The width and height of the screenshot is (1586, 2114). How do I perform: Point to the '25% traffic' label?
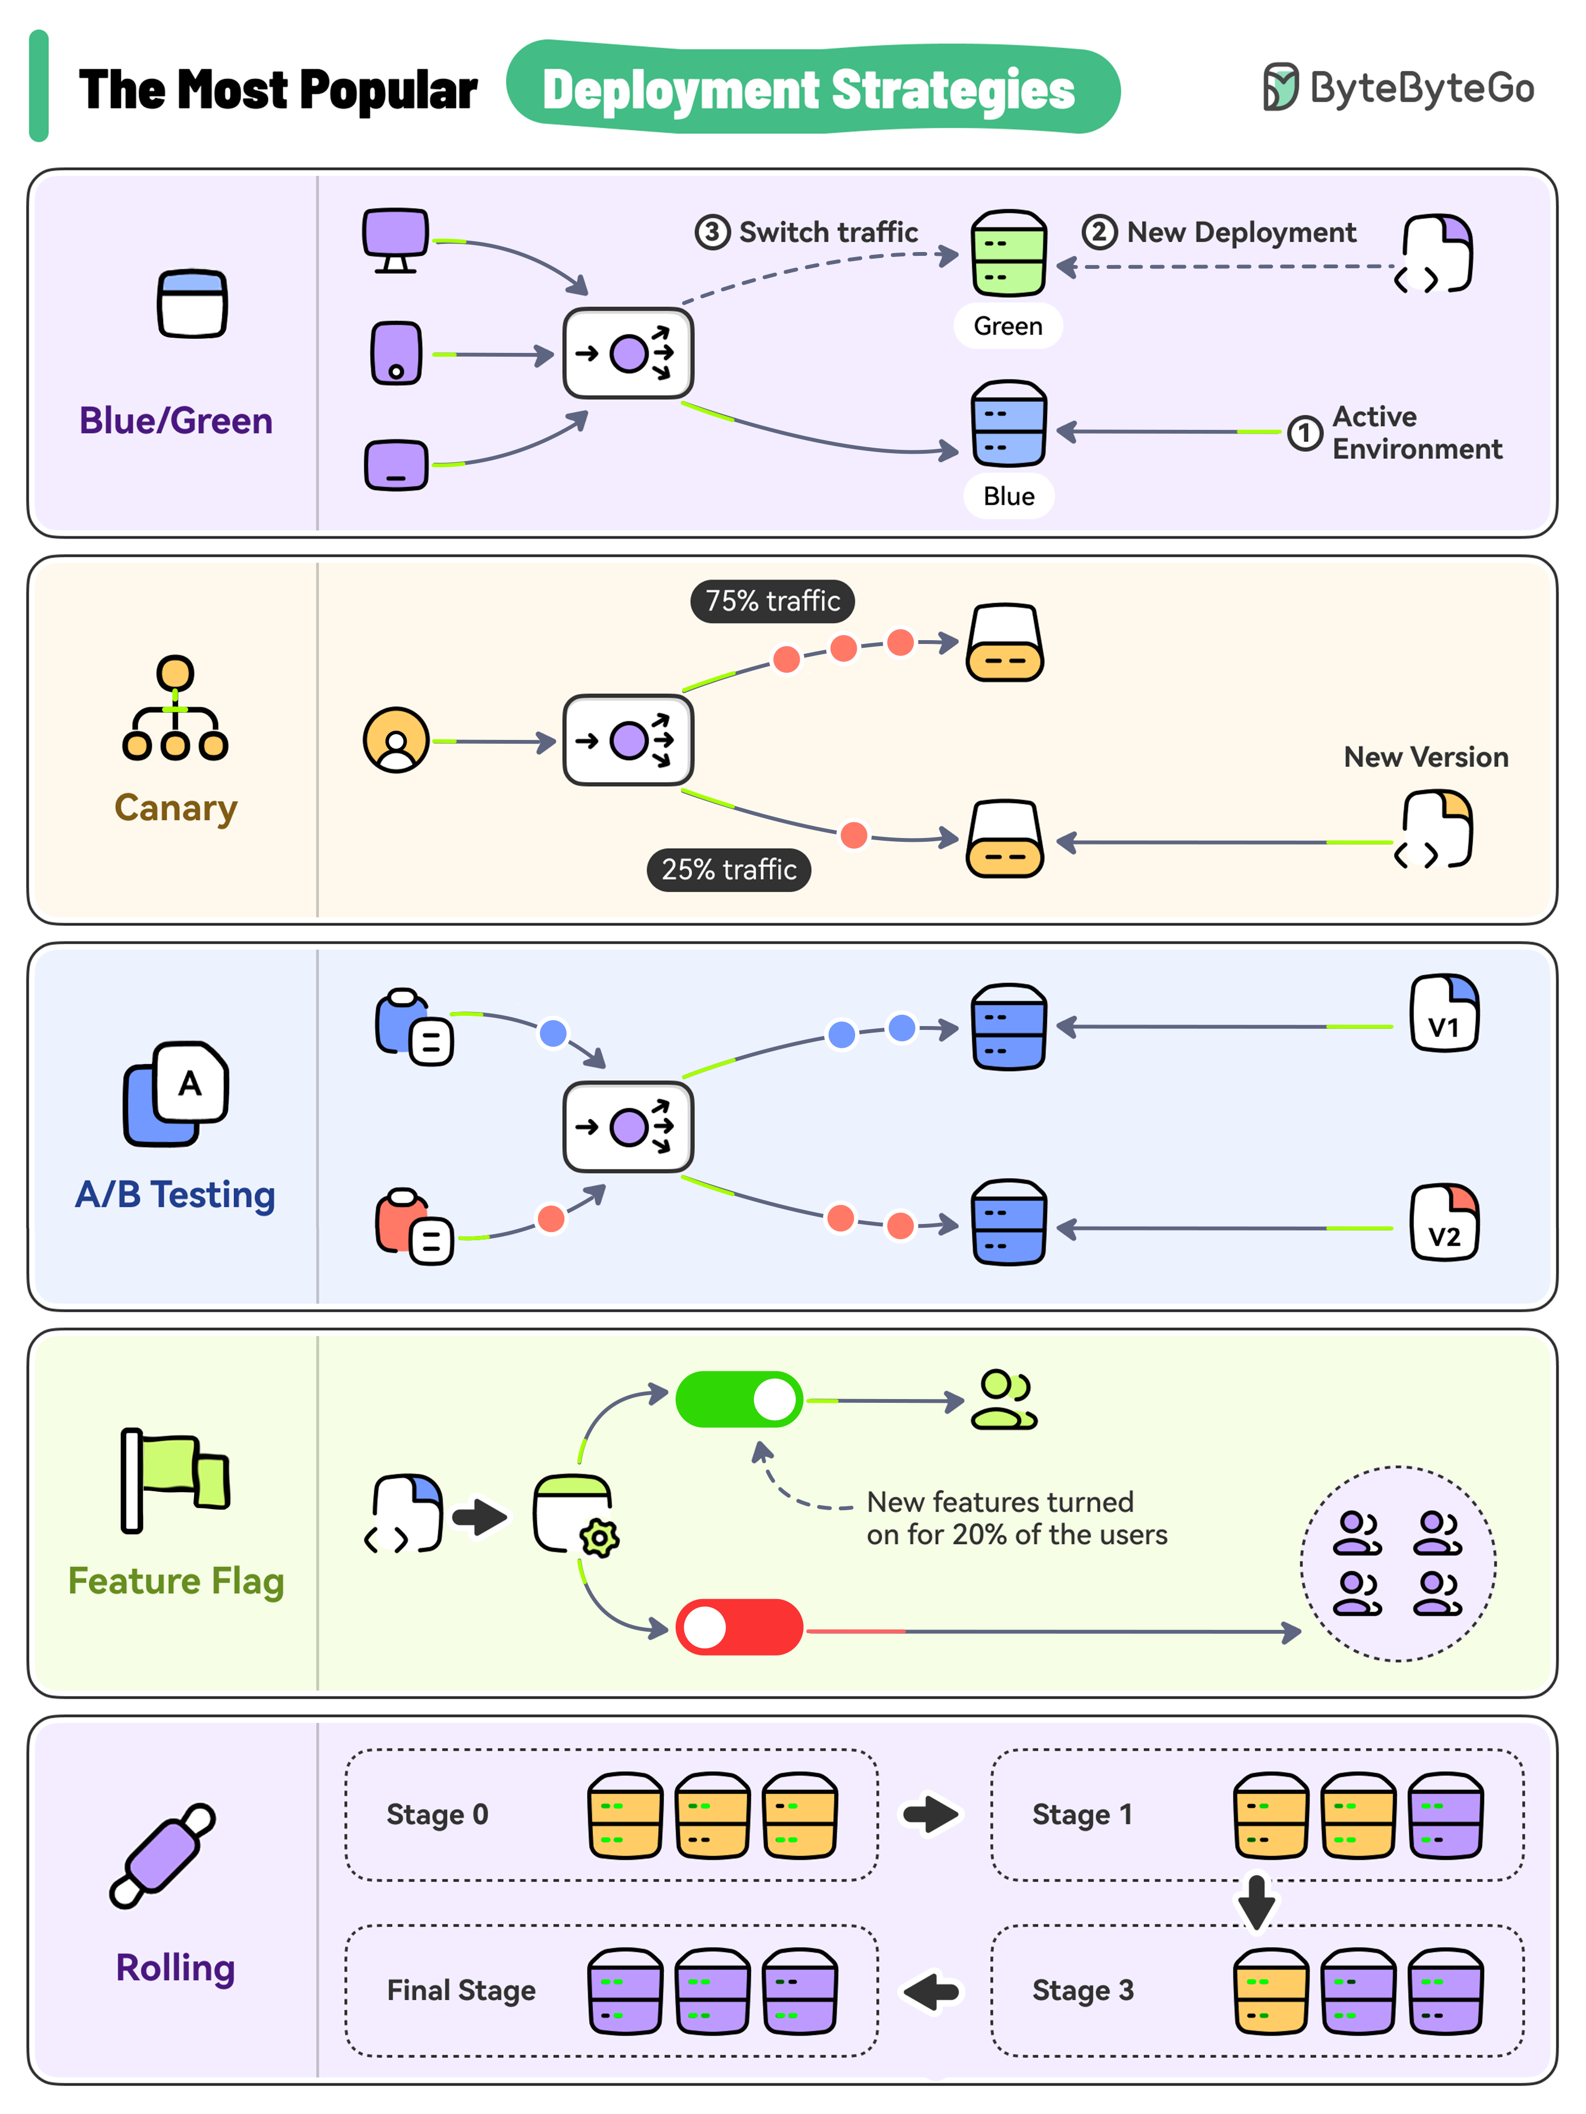tap(728, 869)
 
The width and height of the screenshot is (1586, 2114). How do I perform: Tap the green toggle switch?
tap(738, 1400)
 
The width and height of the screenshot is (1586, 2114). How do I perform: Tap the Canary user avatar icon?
tap(396, 740)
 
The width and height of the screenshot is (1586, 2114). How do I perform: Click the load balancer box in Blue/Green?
tap(627, 353)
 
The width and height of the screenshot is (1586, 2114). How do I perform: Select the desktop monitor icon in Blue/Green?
tap(395, 239)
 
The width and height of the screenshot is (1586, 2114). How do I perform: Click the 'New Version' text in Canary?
tap(1426, 757)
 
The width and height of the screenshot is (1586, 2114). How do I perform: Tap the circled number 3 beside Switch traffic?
tap(712, 232)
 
